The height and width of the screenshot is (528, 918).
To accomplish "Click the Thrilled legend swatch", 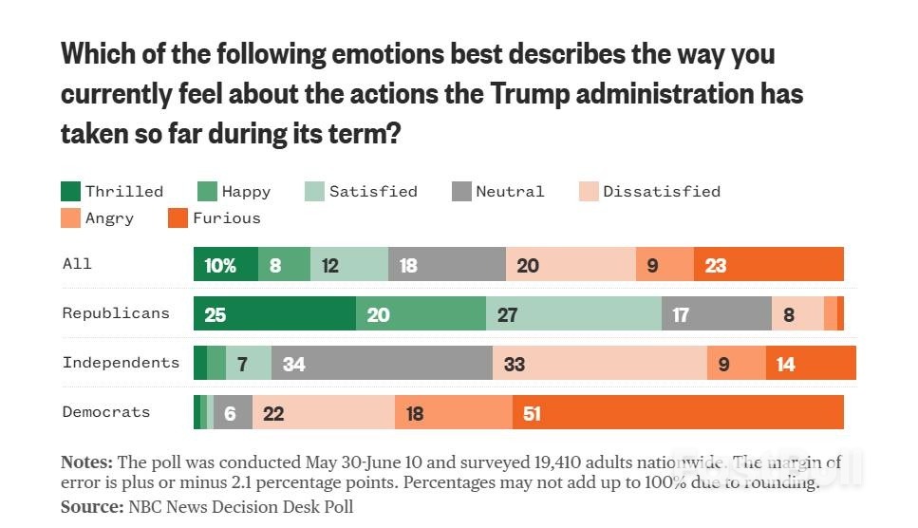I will [71, 191].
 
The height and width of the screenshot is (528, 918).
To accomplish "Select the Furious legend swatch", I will [178, 218].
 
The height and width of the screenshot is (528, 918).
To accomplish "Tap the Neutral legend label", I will [510, 191].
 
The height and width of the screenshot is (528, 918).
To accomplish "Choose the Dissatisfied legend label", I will [662, 191].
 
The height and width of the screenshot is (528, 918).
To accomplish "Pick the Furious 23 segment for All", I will [768, 264].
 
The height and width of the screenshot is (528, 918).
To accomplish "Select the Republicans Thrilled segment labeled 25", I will [274, 313].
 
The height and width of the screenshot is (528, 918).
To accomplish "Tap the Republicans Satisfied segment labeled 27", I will [573, 313].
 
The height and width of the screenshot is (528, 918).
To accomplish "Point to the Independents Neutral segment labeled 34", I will [382, 363].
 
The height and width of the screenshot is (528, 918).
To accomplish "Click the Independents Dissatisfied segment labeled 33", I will [599, 363].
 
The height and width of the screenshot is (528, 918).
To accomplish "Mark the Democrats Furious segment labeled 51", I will [678, 412].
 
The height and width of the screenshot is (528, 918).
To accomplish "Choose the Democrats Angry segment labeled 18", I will [453, 412].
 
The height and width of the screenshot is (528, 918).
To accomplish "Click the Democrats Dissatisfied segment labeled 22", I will [323, 412].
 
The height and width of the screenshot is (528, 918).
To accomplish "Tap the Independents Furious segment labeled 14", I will [811, 363].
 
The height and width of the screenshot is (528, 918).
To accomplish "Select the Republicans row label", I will [116, 312].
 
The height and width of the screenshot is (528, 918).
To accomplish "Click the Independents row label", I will [121, 362].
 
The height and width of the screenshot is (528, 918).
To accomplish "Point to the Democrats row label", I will [106, 411].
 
